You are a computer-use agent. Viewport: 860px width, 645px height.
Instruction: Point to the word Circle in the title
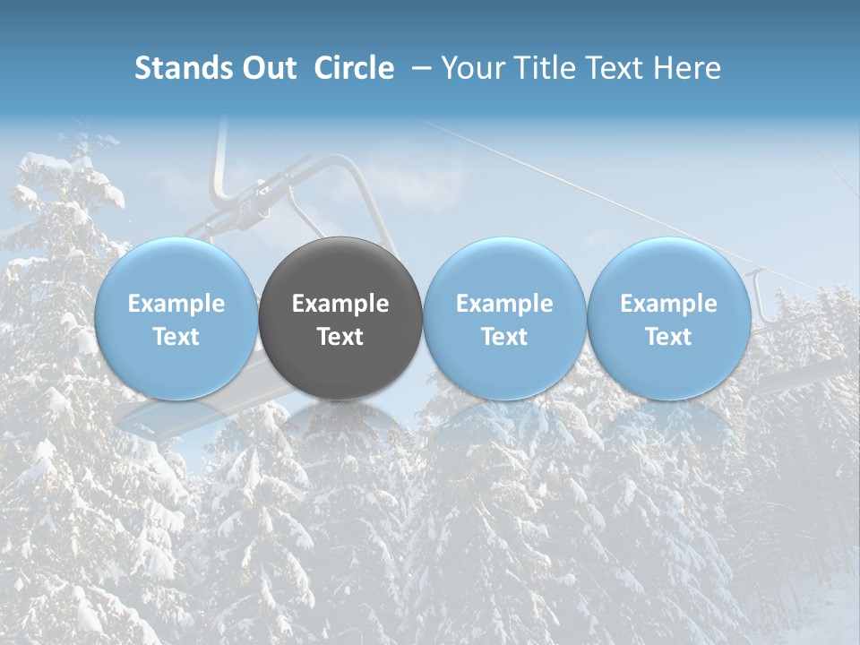click(354, 68)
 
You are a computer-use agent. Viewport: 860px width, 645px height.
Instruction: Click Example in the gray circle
click(340, 304)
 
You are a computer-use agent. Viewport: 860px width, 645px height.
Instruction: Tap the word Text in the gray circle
click(340, 337)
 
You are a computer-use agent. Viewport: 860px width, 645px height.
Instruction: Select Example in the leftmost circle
click(176, 304)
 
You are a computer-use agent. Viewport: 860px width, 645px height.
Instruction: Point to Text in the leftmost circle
click(176, 337)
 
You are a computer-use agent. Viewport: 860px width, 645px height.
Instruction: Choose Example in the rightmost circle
click(668, 304)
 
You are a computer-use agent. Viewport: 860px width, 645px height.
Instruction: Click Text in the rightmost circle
click(668, 337)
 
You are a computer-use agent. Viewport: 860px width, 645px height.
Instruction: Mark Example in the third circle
click(504, 304)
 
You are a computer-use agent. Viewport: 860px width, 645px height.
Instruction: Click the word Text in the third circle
click(504, 337)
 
